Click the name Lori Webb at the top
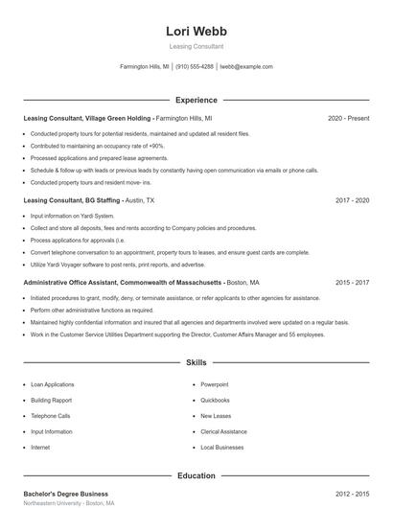[196, 31]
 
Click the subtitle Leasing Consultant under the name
[196, 46]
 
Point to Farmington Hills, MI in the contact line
[145, 67]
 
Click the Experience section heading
[196, 100]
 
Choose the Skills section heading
[196, 364]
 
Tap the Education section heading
[196, 475]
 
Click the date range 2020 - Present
[348, 118]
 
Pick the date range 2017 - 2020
[352, 201]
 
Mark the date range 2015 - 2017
[352, 284]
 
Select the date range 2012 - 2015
[352, 493]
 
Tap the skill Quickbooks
[215, 400]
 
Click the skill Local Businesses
[221, 448]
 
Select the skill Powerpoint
[215, 384]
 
